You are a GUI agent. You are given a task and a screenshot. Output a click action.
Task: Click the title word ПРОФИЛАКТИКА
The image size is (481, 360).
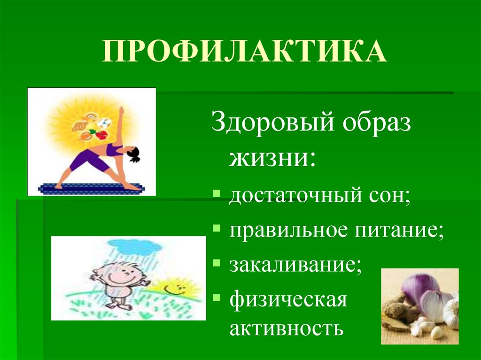[x=244, y=52]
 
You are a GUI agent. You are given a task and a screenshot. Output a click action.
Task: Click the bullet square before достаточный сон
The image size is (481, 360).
[x=216, y=194]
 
